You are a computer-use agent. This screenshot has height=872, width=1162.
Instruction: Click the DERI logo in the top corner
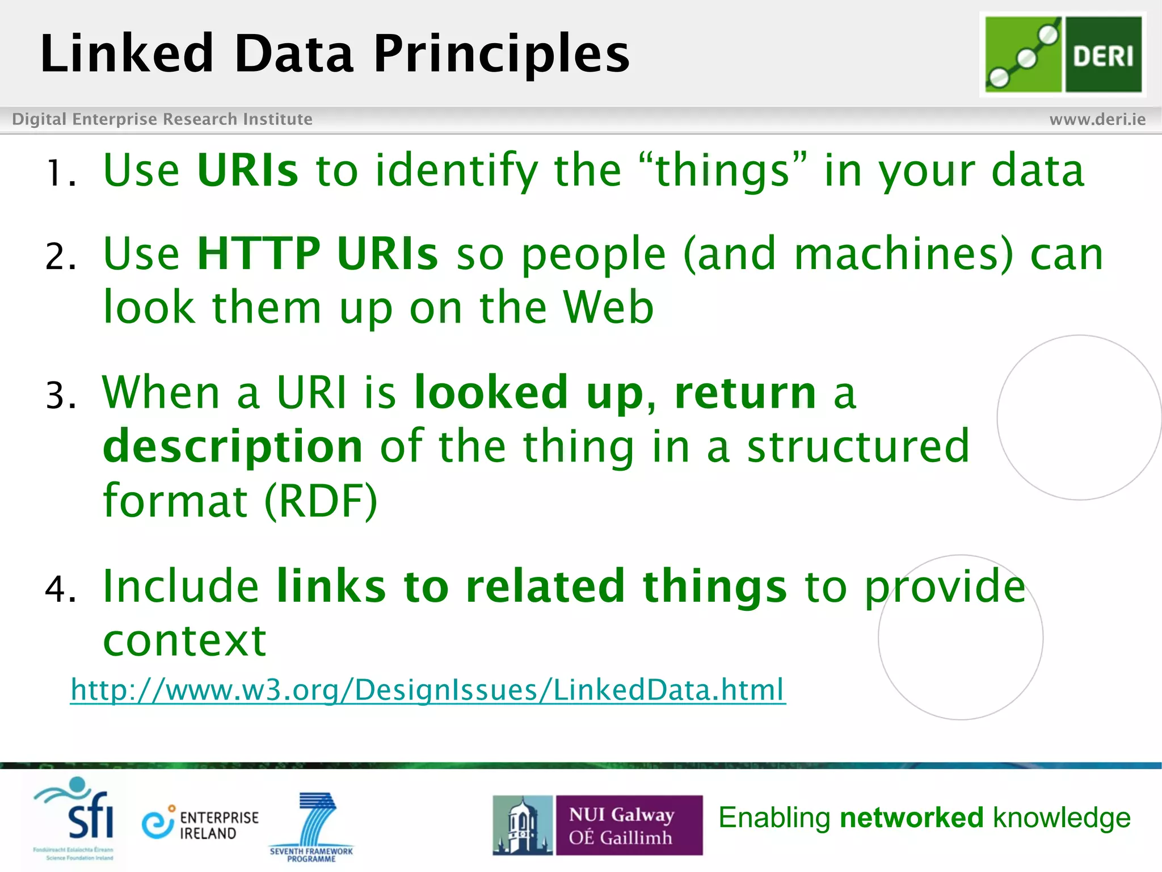point(1063,54)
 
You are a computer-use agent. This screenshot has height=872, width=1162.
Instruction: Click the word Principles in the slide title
point(501,53)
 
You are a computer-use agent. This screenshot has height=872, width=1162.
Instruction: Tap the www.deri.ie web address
point(1097,119)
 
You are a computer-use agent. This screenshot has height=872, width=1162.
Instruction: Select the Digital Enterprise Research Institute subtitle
point(162,119)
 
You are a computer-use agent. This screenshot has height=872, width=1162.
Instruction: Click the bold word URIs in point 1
point(247,170)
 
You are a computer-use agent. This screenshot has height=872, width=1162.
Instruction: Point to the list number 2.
point(60,257)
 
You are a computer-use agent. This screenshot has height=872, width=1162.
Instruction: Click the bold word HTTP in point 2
point(259,253)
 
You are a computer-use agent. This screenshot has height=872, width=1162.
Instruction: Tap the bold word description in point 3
point(233,446)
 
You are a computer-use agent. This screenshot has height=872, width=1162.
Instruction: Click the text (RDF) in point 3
point(321,501)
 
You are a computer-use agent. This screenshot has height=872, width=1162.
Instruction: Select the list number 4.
point(60,589)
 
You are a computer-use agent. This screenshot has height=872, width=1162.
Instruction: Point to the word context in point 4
point(184,640)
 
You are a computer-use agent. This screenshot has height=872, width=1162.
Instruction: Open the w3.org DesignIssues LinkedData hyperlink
point(428,690)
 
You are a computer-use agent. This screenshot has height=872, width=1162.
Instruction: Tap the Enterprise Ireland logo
point(200,824)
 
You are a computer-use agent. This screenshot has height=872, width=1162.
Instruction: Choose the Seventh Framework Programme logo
point(311,827)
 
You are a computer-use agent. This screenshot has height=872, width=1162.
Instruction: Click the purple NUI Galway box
point(628,825)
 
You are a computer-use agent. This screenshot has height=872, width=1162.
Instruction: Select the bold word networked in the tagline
point(911,818)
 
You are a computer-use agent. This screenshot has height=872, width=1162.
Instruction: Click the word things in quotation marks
point(722,170)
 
